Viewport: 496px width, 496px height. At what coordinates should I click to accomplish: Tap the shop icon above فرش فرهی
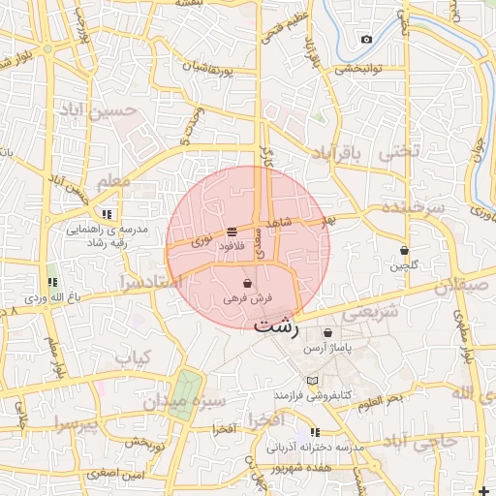point(249,284)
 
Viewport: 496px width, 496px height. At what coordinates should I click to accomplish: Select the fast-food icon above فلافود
point(232,232)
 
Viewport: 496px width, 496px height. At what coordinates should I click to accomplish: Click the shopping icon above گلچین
point(404,251)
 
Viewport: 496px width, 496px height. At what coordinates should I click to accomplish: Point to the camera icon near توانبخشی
point(366,40)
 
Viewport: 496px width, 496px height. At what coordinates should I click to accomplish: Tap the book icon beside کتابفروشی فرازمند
point(312,381)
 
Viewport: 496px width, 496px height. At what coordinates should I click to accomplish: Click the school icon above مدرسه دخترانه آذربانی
point(314,432)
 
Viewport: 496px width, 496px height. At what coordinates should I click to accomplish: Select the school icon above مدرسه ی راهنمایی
point(106,214)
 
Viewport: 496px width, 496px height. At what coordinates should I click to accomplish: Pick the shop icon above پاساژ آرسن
point(328,333)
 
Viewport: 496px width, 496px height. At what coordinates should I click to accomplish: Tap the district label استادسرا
point(149,282)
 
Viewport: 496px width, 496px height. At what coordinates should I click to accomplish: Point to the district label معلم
point(113,180)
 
